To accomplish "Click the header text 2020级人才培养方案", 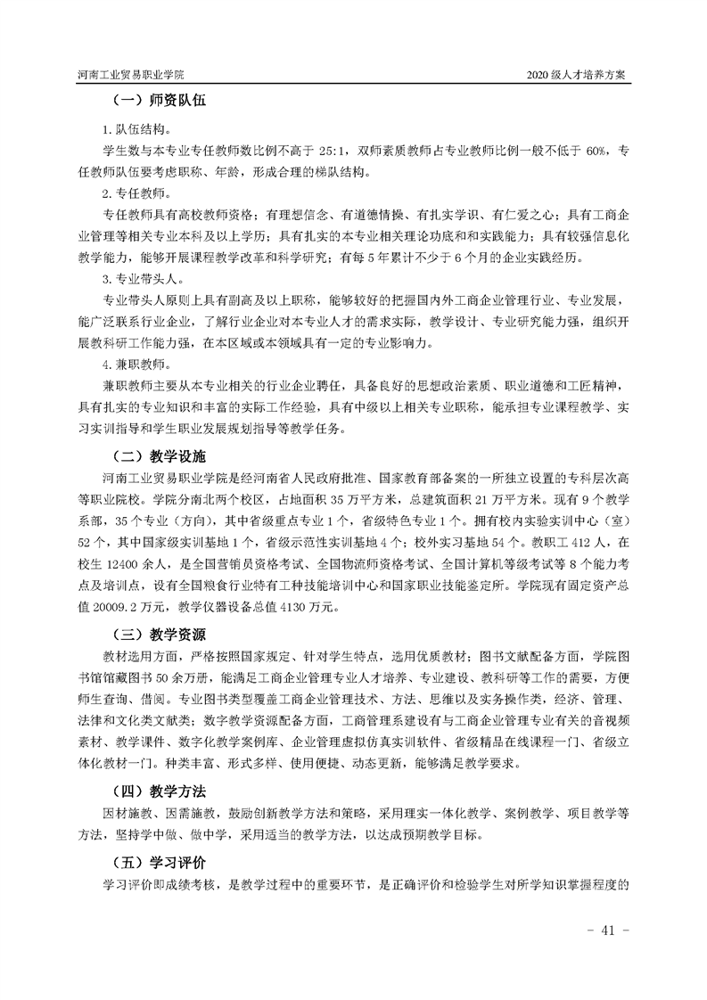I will [x=579, y=76].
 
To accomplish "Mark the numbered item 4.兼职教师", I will [x=132, y=365].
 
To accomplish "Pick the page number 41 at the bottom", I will [x=610, y=930].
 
